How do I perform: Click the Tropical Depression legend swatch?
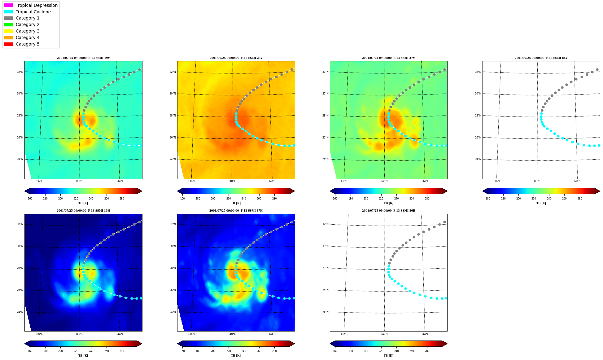click(x=8, y=5)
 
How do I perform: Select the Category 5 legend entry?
click(x=22, y=44)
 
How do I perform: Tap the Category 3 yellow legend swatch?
click(x=8, y=31)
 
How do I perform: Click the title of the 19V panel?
click(x=83, y=58)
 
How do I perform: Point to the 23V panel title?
click(x=236, y=58)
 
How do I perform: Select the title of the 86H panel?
click(x=389, y=211)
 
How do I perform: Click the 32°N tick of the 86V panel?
click(x=478, y=72)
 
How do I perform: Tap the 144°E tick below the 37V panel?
click(x=425, y=181)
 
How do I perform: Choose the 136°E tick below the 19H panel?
click(x=39, y=334)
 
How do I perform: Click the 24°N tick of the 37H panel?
click(x=173, y=312)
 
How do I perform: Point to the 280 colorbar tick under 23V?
click(x=274, y=199)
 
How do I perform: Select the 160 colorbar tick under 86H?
click(x=335, y=351)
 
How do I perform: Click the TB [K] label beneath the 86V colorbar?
click(x=541, y=203)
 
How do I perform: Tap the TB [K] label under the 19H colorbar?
click(x=83, y=356)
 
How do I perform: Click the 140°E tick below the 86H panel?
click(x=385, y=334)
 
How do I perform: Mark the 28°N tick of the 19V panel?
click(x=20, y=116)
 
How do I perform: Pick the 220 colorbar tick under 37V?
click(x=381, y=199)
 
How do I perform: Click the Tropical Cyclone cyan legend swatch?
click(x=8, y=12)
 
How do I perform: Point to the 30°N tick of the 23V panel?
click(x=173, y=94)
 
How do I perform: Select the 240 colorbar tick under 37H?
click(x=244, y=351)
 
